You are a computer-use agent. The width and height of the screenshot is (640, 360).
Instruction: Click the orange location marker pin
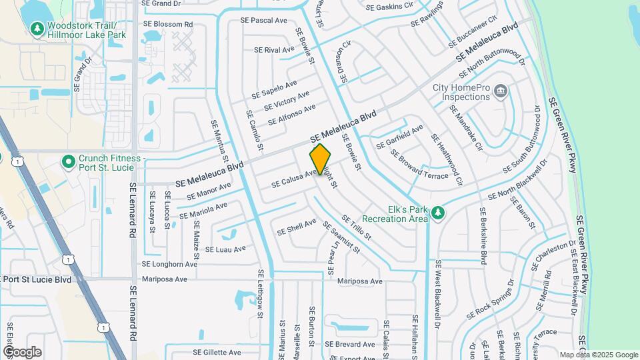coord(320,159)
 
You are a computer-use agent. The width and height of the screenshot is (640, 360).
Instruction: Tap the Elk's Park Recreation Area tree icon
coord(437,213)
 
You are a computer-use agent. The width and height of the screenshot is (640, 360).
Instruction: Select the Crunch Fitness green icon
coord(67,162)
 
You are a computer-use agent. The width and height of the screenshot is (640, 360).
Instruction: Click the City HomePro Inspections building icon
coord(501,90)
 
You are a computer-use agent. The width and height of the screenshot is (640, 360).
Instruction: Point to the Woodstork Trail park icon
coord(36,29)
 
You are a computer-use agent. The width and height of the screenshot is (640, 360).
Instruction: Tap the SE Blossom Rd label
coord(167,24)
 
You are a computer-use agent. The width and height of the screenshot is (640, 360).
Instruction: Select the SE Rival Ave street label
coord(274,49)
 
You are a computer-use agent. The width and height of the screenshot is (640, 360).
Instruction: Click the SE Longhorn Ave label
coord(169,264)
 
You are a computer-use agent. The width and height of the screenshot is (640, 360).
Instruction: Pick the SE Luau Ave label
coord(226,249)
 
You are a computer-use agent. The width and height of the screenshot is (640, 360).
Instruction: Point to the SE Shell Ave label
coord(297,227)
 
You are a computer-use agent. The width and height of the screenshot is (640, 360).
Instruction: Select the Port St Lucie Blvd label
coord(36,279)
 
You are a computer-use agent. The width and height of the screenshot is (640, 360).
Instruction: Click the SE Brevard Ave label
coord(349,344)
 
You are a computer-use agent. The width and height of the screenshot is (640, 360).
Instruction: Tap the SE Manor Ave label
coord(209,191)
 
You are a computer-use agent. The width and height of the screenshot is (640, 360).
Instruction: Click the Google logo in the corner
coord(22,351)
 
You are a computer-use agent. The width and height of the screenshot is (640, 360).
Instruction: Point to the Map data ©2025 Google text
coord(598,355)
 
